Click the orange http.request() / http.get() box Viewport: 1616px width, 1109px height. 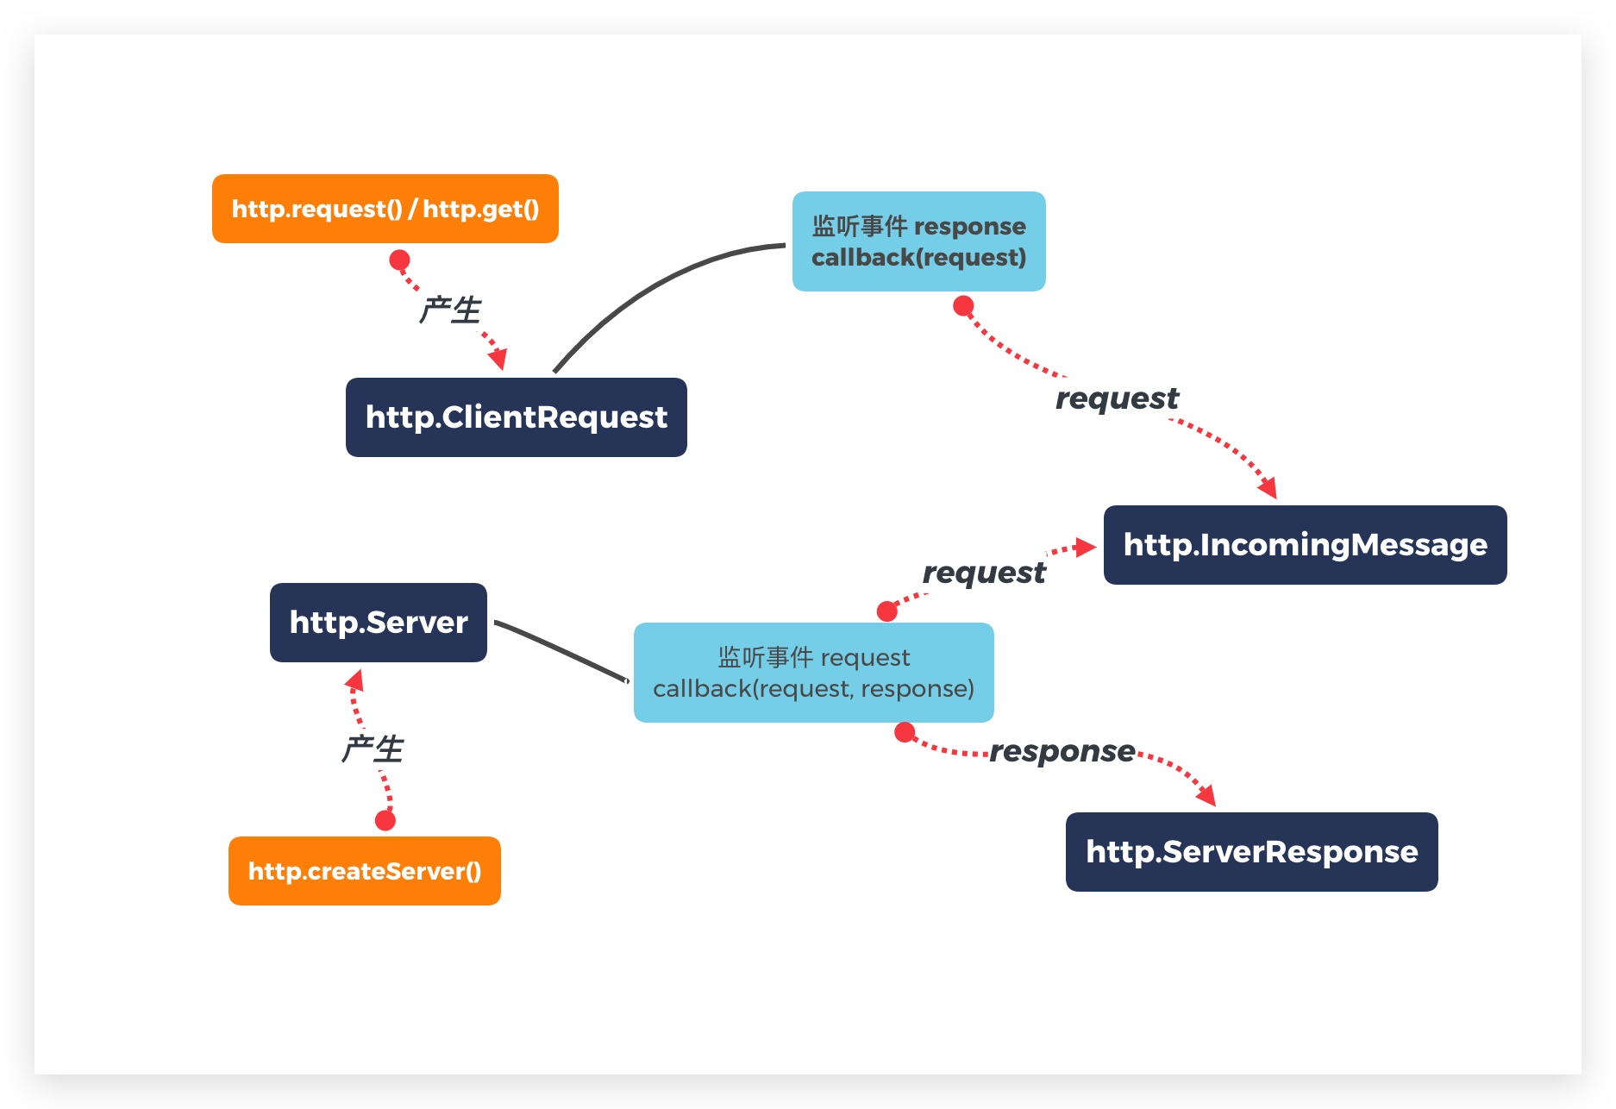click(385, 209)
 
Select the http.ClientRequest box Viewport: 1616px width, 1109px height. click(516, 417)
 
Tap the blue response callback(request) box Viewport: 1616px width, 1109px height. click(918, 241)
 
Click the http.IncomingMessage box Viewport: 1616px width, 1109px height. click(1305, 545)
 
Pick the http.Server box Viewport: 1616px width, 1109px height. click(378, 623)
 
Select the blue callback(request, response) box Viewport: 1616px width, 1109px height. click(813, 673)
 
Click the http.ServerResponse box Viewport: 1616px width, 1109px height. click(1251, 852)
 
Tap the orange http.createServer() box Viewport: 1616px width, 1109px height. click(364, 871)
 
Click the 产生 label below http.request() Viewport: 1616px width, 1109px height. click(449, 310)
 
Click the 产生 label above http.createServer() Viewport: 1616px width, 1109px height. click(372, 749)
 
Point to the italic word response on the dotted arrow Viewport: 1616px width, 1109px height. click(1062, 751)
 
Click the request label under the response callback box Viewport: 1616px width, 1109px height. click(1117, 398)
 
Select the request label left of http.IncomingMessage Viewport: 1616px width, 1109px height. click(983, 573)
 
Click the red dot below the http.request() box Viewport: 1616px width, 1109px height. click(399, 260)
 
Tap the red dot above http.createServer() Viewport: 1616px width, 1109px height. click(385, 820)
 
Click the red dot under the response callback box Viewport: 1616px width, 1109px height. click(963, 306)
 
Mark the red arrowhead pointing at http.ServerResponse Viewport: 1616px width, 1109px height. click(1206, 795)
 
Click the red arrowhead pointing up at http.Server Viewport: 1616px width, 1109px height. click(354, 680)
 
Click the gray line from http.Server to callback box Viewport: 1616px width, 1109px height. click(561, 650)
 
